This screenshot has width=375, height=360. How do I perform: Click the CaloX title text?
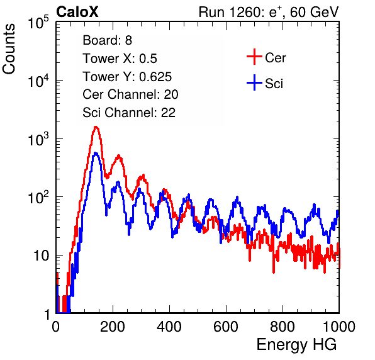[77, 12]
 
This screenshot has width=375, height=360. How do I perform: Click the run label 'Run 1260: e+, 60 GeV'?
[269, 12]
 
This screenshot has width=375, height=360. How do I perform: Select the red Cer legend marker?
[254, 57]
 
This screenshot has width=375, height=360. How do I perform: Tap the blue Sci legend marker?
[254, 82]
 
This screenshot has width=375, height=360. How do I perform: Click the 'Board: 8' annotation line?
[107, 40]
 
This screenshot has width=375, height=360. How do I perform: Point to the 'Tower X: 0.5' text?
[120, 59]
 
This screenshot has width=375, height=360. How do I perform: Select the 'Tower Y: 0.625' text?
[127, 77]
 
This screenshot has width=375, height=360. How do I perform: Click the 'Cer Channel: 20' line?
[130, 94]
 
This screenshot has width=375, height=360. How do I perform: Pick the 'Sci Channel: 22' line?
[129, 113]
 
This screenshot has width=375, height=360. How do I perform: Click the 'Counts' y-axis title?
[9, 48]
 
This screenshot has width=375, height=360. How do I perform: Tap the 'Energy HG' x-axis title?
[296, 345]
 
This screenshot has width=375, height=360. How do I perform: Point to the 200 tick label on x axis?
[113, 327]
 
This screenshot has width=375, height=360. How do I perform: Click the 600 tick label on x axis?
[226, 327]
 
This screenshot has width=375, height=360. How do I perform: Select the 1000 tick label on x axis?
[339, 327]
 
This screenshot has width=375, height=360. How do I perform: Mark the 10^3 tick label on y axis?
[38, 139]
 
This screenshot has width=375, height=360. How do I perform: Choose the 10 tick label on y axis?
[41, 256]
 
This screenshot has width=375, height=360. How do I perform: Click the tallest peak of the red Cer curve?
[96, 127]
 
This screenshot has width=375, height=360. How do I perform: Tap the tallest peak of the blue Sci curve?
[96, 153]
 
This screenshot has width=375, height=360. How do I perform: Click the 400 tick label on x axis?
[169, 327]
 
